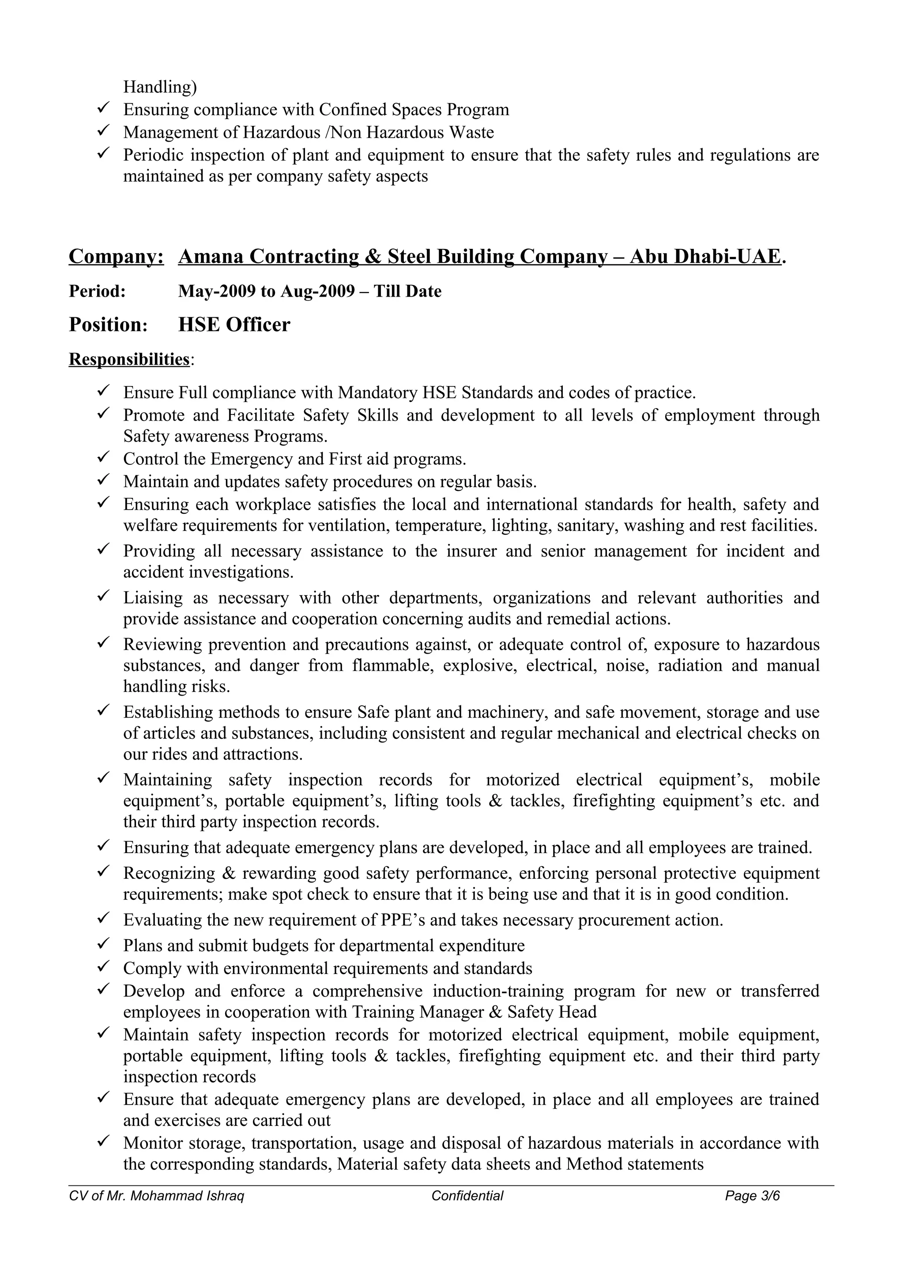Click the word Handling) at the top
pyautogui.click(x=160, y=87)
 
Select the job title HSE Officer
pyautogui.click(x=234, y=325)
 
